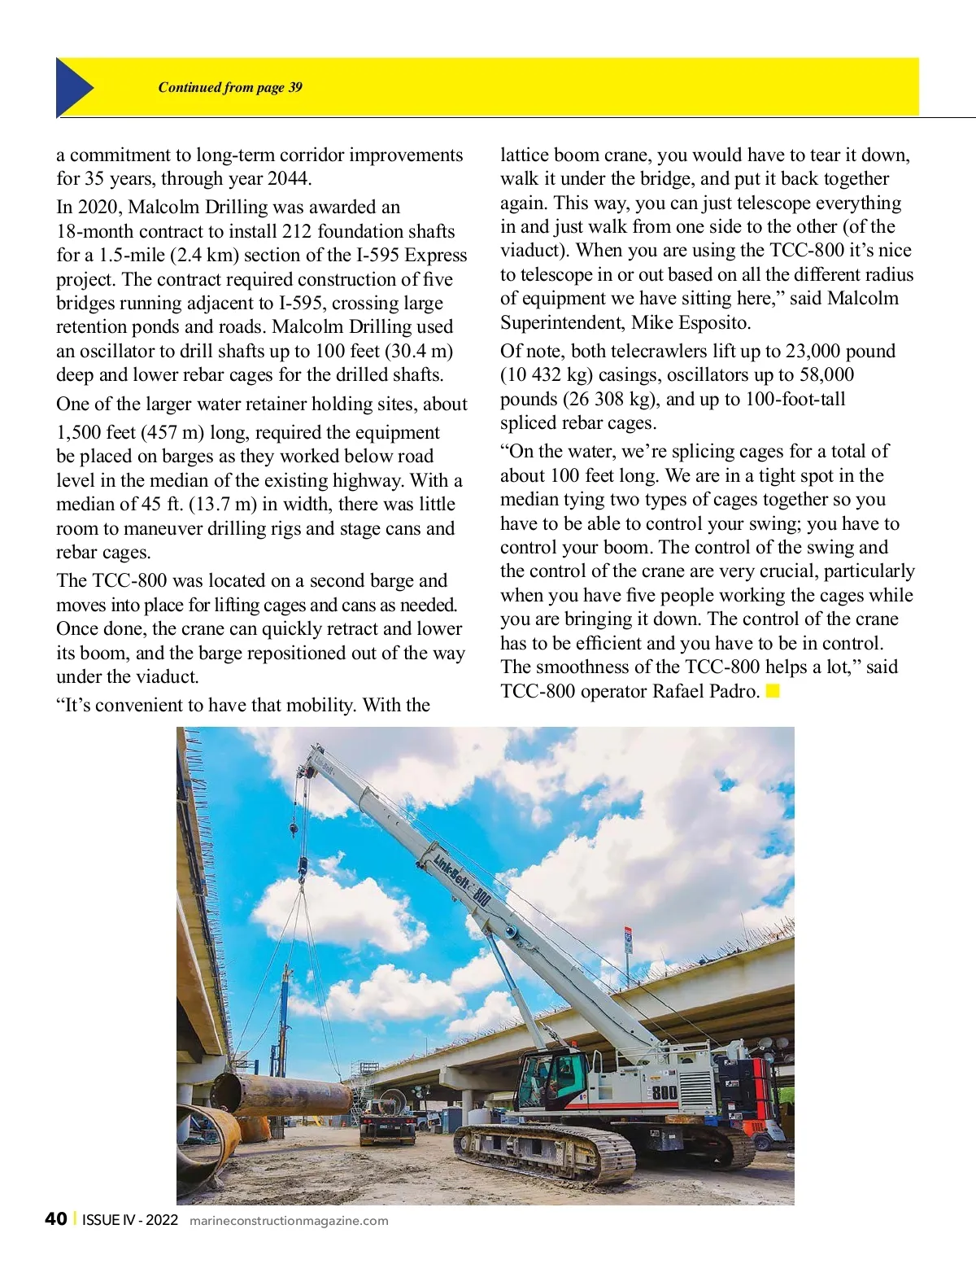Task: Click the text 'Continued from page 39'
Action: (230, 88)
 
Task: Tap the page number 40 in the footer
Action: (55, 1218)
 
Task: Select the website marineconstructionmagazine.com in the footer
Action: (289, 1221)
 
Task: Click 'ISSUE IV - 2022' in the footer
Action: (130, 1220)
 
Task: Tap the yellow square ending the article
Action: (773, 692)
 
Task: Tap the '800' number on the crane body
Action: (664, 1092)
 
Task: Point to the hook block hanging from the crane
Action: (302, 867)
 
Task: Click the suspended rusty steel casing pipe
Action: (281, 1093)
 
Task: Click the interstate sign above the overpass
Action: (627, 940)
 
